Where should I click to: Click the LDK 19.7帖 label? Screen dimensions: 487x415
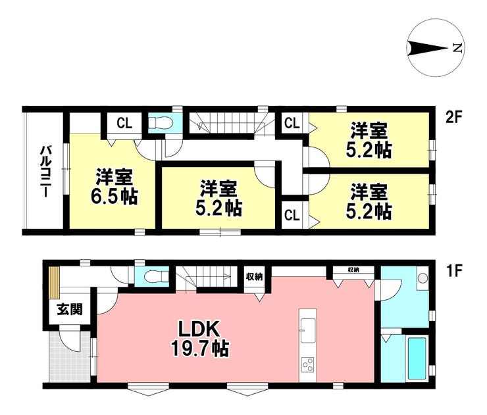pyautogui.click(x=200, y=339)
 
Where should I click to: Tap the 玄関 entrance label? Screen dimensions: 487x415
pyautogui.click(x=70, y=310)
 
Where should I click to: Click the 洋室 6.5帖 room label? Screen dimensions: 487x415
pyautogui.click(x=114, y=187)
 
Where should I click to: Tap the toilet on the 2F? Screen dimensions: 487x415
pyautogui.click(x=160, y=123)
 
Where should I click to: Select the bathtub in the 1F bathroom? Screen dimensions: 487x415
pyautogui.click(x=417, y=358)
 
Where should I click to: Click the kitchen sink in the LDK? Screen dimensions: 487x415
pyautogui.click(x=307, y=330)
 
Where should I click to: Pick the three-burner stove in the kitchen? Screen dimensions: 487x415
pyautogui.click(x=307, y=365)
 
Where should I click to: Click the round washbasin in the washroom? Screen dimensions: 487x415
pyautogui.click(x=422, y=278)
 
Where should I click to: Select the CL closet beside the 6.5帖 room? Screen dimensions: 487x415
pyautogui.click(x=124, y=123)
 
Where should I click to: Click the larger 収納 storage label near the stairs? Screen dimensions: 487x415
pyautogui.click(x=255, y=277)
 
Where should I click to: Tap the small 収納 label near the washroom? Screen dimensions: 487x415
pyautogui.click(x=354, y=270)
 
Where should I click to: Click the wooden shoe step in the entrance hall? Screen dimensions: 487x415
pyautogui.click(x=55, y=282)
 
